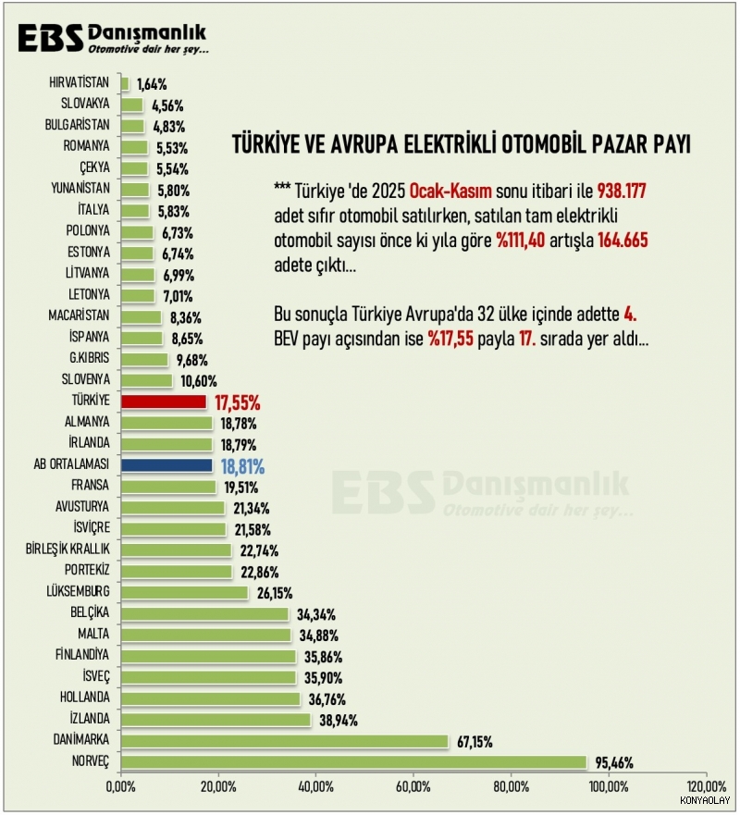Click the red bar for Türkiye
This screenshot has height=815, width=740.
164,402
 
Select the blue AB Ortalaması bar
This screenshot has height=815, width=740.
166,466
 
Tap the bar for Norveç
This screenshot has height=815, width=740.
353,762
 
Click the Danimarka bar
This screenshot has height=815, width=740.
284,741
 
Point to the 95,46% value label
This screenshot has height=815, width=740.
612,763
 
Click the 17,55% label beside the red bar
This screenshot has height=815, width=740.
237,403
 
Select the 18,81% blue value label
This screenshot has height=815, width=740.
242,467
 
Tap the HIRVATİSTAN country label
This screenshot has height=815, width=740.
80,83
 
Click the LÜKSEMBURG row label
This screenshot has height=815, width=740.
78,592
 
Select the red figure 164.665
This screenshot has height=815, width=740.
615,240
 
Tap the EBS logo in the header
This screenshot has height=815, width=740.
51,39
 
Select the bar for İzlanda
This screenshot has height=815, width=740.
216,720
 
